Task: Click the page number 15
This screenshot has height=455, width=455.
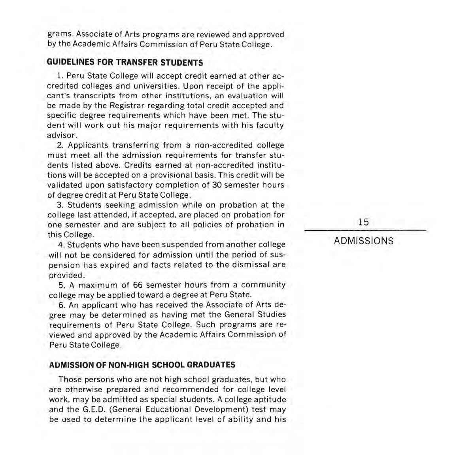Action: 363,222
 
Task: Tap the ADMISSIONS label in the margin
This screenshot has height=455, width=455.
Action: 363,241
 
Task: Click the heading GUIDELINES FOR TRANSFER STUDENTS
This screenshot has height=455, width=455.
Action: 125,62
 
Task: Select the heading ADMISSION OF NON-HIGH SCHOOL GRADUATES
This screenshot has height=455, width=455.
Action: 142,365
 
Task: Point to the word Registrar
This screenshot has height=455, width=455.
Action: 126,106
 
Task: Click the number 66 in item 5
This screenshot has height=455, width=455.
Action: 138,285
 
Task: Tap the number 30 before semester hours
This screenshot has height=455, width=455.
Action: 216,185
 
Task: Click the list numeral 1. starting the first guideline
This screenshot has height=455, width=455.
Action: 60,76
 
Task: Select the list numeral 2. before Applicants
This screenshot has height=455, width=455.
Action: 60,145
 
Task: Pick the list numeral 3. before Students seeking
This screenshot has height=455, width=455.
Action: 60,205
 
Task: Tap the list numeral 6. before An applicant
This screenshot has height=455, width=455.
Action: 62,305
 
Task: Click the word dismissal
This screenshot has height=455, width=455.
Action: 251,265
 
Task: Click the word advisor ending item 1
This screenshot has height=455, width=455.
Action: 60,136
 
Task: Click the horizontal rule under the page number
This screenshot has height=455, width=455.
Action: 365,230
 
